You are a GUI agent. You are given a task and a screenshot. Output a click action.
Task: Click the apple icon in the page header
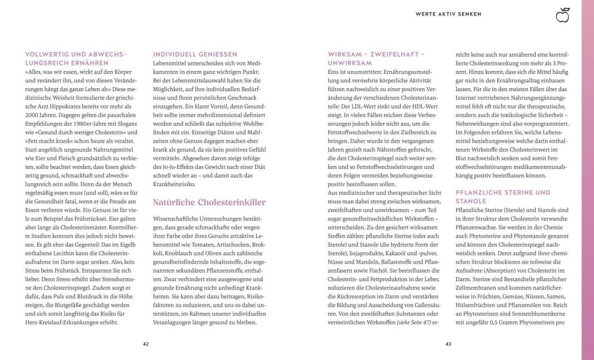point(563,15)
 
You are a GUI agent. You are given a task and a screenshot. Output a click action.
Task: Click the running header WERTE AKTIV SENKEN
point(448,14)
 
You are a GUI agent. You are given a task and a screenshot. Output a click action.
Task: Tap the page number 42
point(146,344)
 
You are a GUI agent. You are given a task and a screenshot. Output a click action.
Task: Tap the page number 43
point(448,344)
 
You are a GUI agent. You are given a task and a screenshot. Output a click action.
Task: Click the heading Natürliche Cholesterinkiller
point(209,203)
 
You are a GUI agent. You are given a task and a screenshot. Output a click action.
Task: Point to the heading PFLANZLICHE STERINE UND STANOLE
point(495,197)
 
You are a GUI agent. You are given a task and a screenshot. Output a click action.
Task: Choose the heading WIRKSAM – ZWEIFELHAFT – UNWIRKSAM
point(376,58)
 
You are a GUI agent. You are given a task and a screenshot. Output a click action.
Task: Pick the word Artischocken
point(232,245)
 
